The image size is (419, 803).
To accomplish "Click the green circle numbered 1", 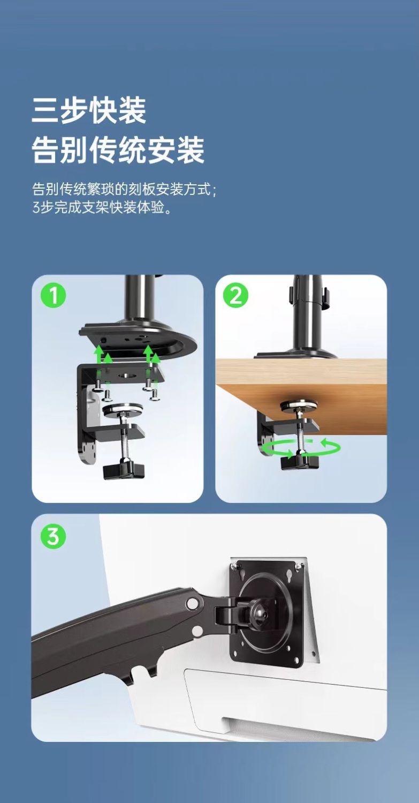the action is pos(54,296).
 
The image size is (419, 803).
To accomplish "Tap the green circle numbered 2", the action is pos(236,296).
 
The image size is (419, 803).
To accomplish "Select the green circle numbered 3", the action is pos(54,536).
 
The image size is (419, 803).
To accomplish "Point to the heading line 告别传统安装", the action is pos(118,149).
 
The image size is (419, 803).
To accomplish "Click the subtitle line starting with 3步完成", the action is pos(102,207).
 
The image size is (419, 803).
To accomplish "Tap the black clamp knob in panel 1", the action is pos(124,470).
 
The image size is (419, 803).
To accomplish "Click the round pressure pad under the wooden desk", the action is pos(299,406).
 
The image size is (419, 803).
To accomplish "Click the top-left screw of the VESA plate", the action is pos(235,565).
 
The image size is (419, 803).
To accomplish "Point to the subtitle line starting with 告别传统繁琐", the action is pos(124,189).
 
